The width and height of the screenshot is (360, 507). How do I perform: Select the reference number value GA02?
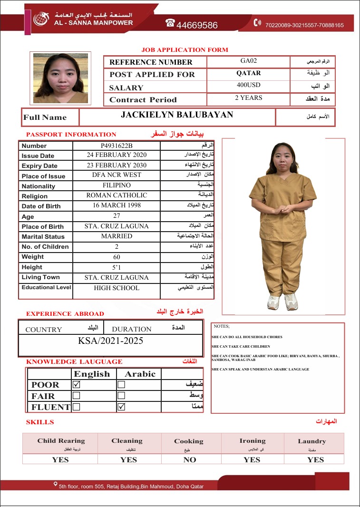pyautogui.click(x=248, y=61)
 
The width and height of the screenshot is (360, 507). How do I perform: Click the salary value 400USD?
pyautogui.click(x=248, y=85)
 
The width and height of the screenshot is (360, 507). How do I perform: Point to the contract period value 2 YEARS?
pyautogui.click(x=248, y=97)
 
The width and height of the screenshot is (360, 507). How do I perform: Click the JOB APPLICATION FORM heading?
pyautogui.click(x=185, y=50)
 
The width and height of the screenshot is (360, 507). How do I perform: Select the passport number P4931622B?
pyautogui.click(x=117, y=146)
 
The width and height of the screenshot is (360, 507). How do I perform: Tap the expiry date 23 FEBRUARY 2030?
pyautogui.click(x=117, y=165)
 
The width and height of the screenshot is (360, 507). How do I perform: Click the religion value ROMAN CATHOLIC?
pyautogui.click(x=117, y=195)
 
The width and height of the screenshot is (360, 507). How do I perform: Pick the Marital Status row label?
pyautogui.click(x=44, y=236)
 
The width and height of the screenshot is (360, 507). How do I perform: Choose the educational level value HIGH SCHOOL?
pyautogui.click(x=117, y=288)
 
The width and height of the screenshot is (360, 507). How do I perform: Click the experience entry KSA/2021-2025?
pyautogui.click(x=110, y=341)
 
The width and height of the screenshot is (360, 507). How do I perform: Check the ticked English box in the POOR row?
pyautogui.click(x=77, y=384)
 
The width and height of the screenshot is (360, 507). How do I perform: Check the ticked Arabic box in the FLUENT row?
pyautogui.click(x=121, y=407)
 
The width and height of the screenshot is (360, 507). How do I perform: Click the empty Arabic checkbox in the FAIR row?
pyautogui.click(x=121, y=395)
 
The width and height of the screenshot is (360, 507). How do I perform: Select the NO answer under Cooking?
pyautogui.click(x=189, y=459)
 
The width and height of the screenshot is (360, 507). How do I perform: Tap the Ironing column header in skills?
pyautogui.click(x=252, y=441)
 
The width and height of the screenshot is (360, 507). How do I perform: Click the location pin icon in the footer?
pyautogui.click(x=56, y=485)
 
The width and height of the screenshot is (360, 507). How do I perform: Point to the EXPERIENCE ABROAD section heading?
pyautogui.click(x=65, y=314)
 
